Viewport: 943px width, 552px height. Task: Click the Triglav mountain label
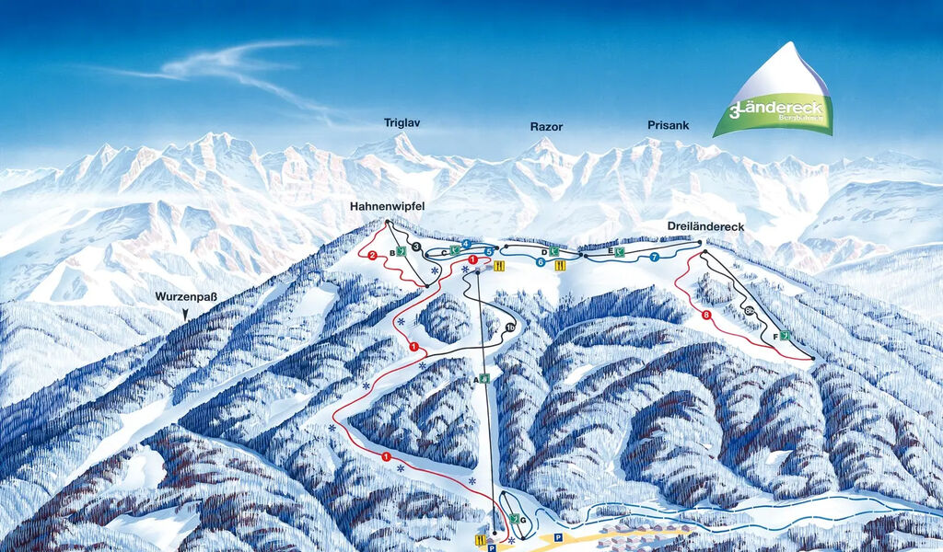[x=402, y=122]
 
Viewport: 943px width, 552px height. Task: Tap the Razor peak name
[x=545, y=127]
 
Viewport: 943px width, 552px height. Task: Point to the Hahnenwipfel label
[x=387, y=207]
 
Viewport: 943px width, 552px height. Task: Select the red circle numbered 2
[x=373, y=255]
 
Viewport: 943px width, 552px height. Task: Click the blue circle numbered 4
[x=467, y=244]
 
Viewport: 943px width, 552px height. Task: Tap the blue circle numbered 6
[x=541, y=262]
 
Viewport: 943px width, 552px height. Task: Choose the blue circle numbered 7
[x=654, y=257]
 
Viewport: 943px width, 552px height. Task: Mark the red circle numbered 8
[x=706, y=316]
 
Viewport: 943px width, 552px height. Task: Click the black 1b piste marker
[x=508, y=328]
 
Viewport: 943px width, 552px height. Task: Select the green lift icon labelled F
[x=784, y=337]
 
